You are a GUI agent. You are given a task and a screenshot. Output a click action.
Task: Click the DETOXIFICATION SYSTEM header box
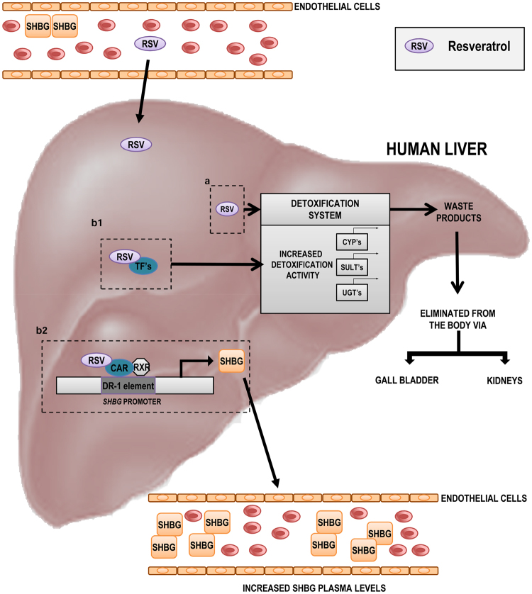click(325, 208)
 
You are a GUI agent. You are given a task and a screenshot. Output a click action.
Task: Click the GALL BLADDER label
click(407, 380)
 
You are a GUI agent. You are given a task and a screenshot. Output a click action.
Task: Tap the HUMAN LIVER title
click(436, 149)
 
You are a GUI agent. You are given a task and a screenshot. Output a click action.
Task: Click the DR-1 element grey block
click(128, 385)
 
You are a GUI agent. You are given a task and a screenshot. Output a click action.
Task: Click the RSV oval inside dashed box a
click(227, 208)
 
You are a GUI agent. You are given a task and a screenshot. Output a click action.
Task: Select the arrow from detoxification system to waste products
click(412, 208)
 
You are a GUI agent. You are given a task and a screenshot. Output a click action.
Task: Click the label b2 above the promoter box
click(43, 331)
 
